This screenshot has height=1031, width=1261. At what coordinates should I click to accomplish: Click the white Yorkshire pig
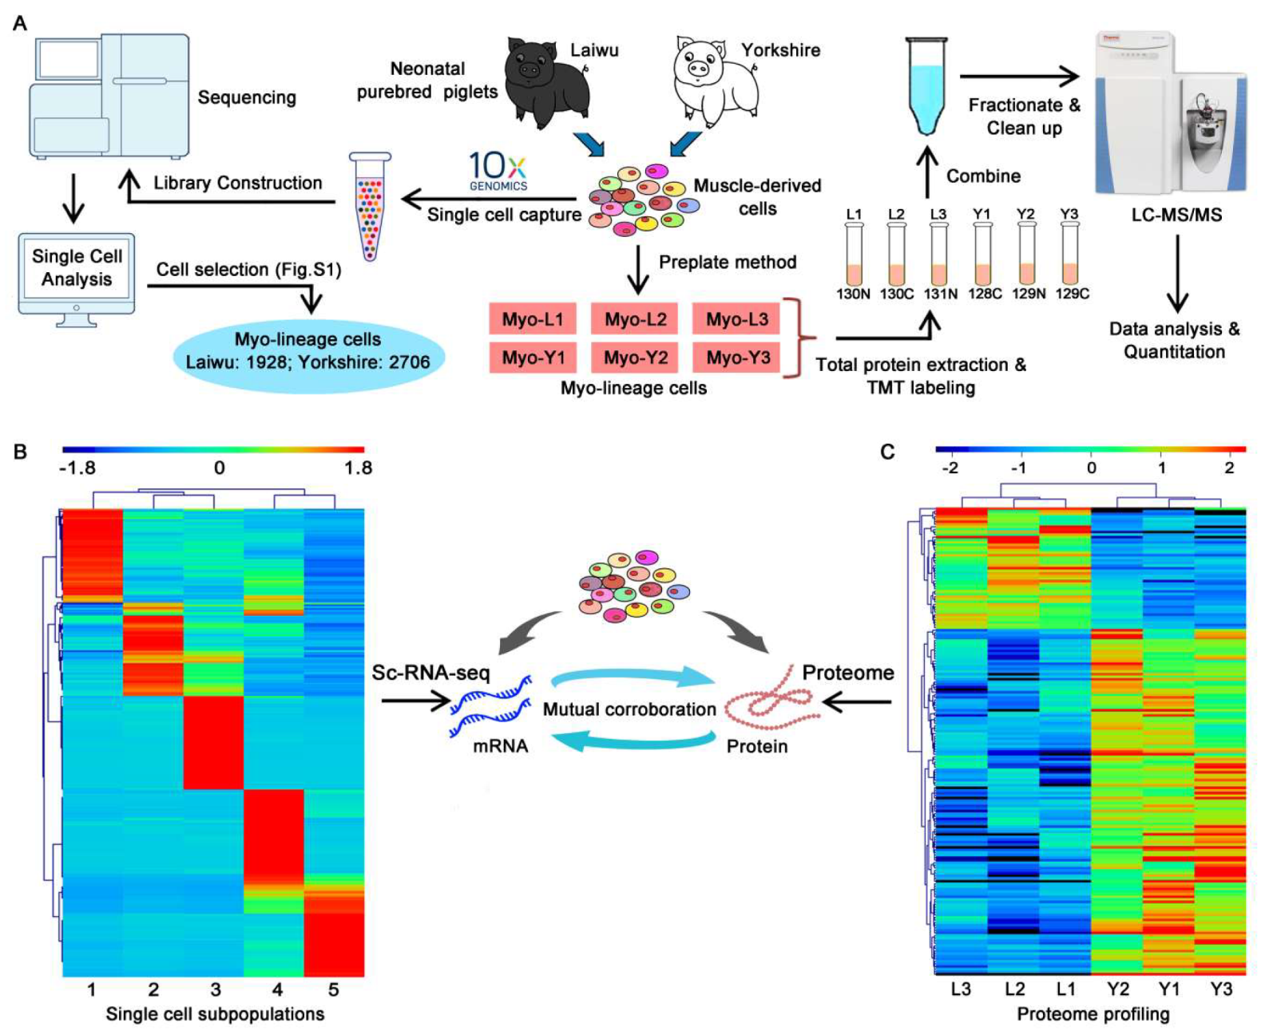713,81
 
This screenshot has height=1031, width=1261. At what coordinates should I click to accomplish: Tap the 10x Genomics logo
498,171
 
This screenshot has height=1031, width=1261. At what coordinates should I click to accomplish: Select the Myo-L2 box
635,319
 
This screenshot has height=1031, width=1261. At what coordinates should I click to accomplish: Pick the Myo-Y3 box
737,357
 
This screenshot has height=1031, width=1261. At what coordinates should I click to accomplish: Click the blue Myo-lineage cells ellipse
307,352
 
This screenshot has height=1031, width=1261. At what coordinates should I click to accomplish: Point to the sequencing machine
110,96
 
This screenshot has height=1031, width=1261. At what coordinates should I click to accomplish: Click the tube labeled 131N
939,255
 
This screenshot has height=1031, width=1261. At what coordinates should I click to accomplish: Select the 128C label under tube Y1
984,294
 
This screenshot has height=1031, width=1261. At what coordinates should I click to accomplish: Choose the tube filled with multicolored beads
370,207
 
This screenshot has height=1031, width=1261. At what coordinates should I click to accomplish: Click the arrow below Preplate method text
637,271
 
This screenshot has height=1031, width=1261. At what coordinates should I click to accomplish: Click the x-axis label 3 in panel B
215,990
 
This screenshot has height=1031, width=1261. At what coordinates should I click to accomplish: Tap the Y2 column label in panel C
1117,990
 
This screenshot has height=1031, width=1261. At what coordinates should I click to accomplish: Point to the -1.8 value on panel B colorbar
77,468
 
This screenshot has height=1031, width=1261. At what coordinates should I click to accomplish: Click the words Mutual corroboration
629,709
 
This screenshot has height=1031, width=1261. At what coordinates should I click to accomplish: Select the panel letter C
887,452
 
